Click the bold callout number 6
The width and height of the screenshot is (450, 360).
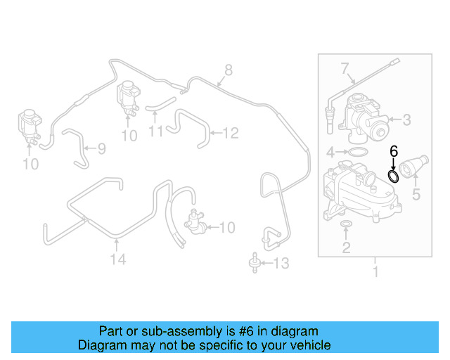(394, 151)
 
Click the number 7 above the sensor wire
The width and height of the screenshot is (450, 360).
(345, 69)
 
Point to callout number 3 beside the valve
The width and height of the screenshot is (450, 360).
(406, 120)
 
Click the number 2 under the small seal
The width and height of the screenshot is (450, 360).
(346, 247)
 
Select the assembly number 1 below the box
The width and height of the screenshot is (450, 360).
(375, 271)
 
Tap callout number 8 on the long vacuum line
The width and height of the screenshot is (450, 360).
(227, 70)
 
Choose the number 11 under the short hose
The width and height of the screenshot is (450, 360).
(156, 131)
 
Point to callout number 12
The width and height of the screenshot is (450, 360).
(231, 131)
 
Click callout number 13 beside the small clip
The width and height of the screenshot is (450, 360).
(281, 264)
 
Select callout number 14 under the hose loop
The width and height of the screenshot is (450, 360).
(117, 259)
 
